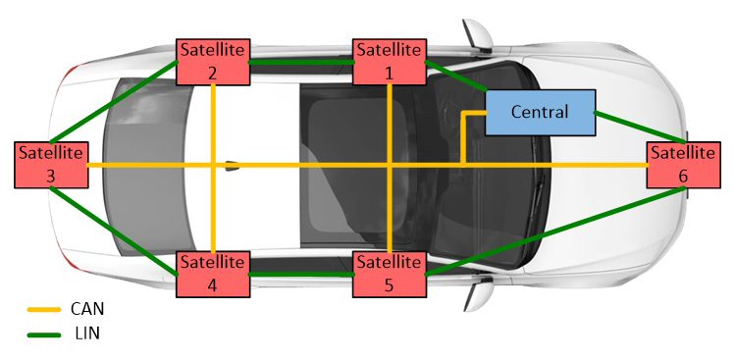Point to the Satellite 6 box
[x=682, y=165]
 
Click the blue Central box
[x=540, y=113]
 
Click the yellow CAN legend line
[x=43, y=308]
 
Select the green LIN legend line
[x=43, y=334]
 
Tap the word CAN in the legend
[x=86, y=308]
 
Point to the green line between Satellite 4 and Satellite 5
[x=300, y=274]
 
